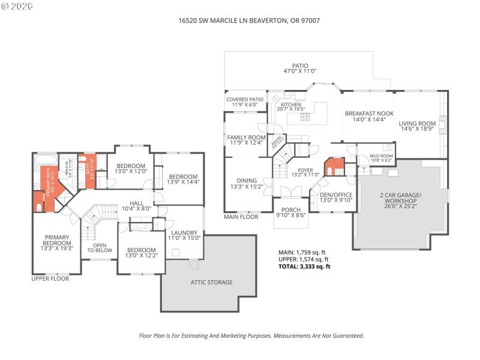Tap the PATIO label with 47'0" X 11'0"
coord(299,68)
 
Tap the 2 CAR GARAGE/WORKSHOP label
coord(401,199)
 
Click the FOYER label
coord(306,173)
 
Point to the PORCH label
coord(290,211)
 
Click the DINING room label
coord(247,184)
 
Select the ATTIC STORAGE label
coord(211,282)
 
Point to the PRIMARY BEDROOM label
coord(56,243)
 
